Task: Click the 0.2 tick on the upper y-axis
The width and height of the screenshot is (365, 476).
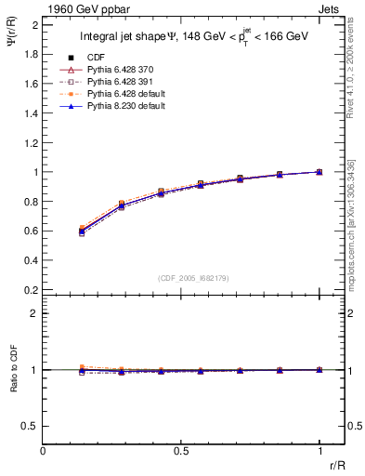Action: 33,289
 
